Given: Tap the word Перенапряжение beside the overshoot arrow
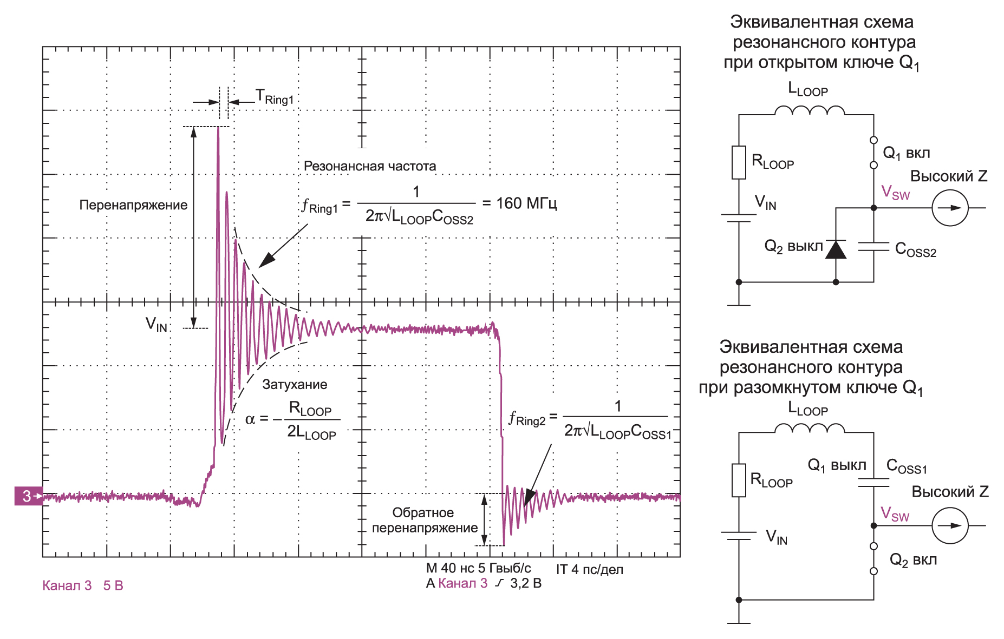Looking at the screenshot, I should (x=133, y=205).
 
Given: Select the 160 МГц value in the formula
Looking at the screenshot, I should (x=526, y=203).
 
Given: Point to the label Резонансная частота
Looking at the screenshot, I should (x=369, y=166).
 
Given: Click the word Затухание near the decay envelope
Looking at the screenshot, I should (x=295, y=385).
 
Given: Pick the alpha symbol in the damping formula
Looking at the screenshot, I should (x=250, y=419).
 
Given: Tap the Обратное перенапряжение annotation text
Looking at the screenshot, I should (x=424, y=520).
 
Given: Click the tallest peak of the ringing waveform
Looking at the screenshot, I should (x=218, y=129).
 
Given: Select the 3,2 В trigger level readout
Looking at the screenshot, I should (x=525, y=583).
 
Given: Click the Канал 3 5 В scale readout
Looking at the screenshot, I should (x=83, y=585).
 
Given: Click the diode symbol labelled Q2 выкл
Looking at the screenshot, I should (x=836, y=249).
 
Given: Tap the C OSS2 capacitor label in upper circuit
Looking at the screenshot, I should (x=915, y=249).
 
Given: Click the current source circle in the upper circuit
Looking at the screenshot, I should (x=949, y=208).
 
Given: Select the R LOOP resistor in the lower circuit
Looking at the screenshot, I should (x=739, y=480).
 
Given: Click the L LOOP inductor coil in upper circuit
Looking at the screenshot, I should (x=809, y=111).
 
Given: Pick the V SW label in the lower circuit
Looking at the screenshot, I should (x=895, y=513).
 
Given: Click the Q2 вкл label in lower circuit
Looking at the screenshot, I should (x=913, y=560).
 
